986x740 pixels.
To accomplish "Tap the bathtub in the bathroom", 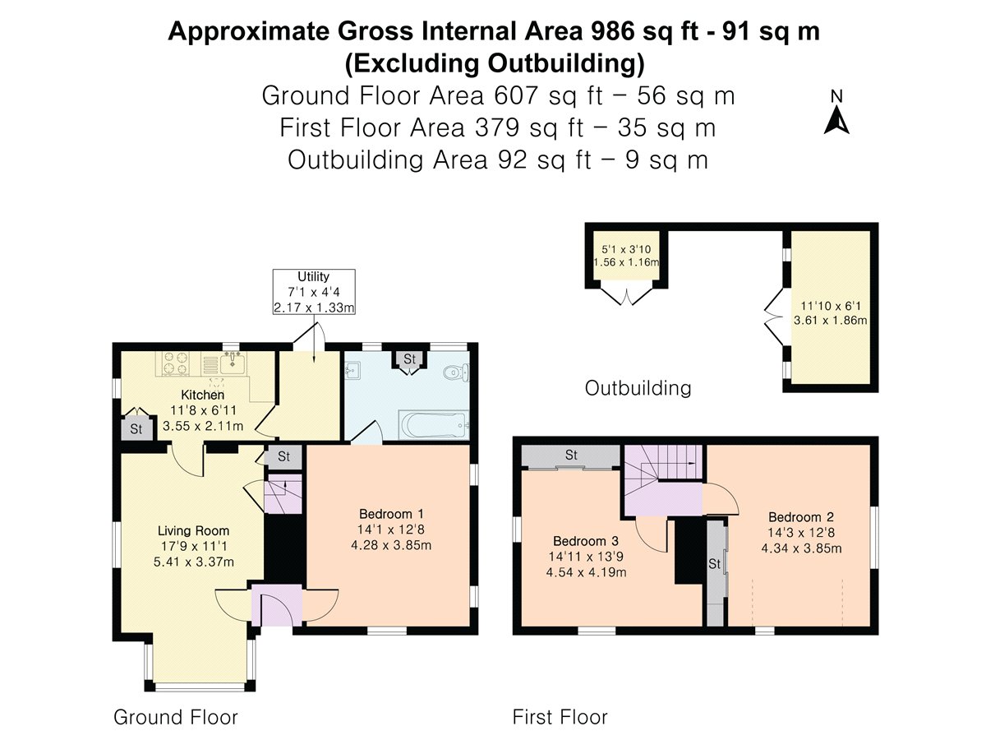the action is pyautogui.click(x=434, y=425).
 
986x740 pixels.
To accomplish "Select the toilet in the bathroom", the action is pyautogui.click(x=456, y=372).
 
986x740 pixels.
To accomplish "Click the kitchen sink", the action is pyautogui.click(x=233, y=363).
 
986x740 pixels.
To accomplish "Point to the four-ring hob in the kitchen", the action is pyautogui.click(x=176, y=363).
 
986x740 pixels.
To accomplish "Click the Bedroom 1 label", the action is pyautogui.click(x=391, y=514).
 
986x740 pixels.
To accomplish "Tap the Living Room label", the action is pyautogui.click(x=193, y=530).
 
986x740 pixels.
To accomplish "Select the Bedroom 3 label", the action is pyautogui.click(x=586, y=541).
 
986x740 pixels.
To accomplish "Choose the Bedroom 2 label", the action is pyautogui.click(x=801, y=516).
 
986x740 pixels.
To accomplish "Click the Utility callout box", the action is pyautogui.click(x=314, y=292).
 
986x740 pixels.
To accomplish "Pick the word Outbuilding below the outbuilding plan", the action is pyautogui.click(x=638, y=388).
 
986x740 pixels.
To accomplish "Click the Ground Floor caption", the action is pyautogui.click(x=176, y=717).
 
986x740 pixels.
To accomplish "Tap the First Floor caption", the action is pyautogui.click(x=560, y=717).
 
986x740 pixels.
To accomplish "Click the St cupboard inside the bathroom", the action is pyautogui.click(x=409, y=360).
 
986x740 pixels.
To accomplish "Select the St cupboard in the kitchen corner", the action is pyautogui.click(x=136, y=428).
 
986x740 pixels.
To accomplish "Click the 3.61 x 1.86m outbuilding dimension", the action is pyautogui.click(x=830, y=321).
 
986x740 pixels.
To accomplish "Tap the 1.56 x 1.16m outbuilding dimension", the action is pyautogui.click(x=626, y=262).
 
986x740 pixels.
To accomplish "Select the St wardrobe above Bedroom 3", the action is pyautogui.click(x=571, y=456).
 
